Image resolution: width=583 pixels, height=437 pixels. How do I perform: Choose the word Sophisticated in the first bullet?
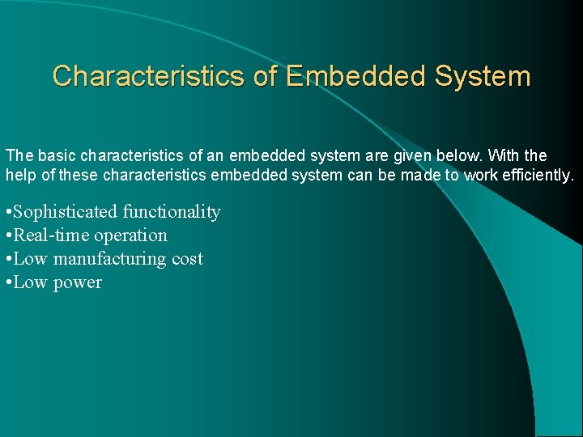pos(66,212)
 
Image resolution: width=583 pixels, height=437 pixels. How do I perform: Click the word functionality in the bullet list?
pos(172,212)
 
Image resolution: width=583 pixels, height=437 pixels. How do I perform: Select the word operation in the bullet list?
pos(130,235)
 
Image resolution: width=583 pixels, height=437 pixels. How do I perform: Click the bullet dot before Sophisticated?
pos(7,213)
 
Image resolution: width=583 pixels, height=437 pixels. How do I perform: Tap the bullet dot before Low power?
pos(7,283)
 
